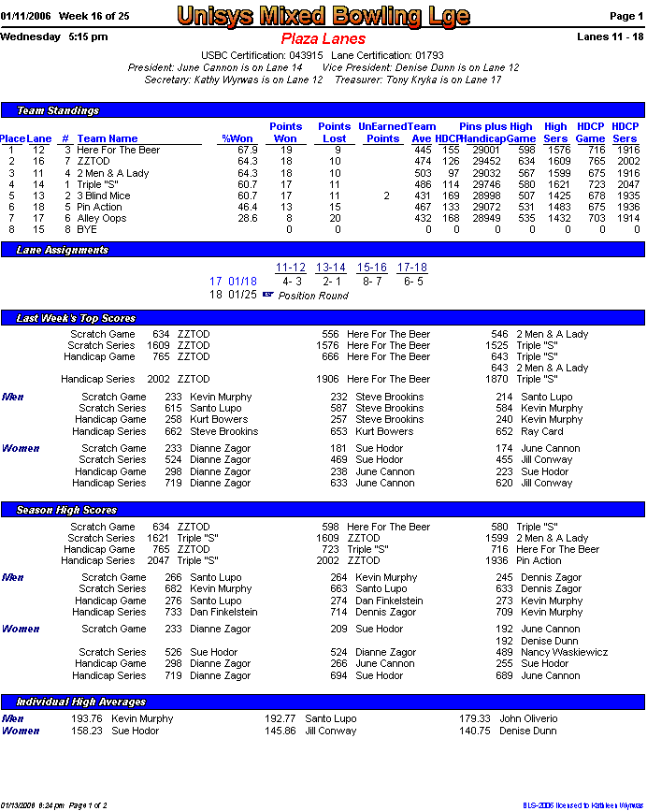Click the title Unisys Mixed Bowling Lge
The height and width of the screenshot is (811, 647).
click(x=323, y=16)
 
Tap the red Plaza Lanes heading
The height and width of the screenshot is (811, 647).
click(x=323, y=39)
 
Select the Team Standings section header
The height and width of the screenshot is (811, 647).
click(x=58, y=110)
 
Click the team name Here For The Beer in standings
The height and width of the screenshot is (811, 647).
click(x=118, y=150)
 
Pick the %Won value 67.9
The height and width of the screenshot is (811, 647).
click(x=247, y=150)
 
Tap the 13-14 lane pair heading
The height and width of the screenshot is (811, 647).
click(x=331, y=268)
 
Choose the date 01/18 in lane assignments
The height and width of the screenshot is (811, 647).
click(x=242, y=282)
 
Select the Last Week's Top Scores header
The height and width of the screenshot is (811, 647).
click(x=76, y=319)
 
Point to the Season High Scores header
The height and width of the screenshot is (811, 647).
click(x=66, y=510)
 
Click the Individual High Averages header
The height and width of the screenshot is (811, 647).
click(x=81, y=702)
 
